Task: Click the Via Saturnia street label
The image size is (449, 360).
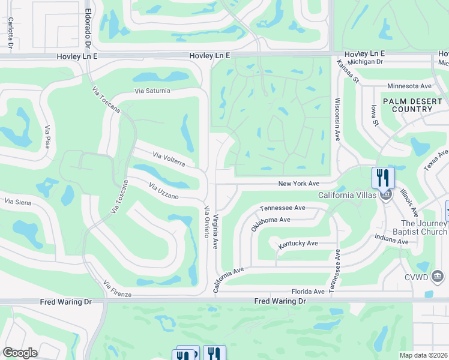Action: pos(152,91)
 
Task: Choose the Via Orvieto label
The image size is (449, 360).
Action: pos(206,222)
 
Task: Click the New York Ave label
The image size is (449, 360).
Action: pos(298,184)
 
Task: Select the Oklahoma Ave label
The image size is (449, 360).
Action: pos(271,220)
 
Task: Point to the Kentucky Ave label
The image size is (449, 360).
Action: pos(298,244)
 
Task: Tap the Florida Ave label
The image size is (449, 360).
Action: pos(308,292)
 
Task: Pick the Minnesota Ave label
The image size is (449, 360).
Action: pos(409,86)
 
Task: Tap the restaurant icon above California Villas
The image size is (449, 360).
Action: pos(383,177)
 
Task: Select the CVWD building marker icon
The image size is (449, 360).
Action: pos(438,276)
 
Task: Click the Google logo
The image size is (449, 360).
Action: pos(20,353)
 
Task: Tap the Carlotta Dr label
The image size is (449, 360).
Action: pos(11,32)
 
